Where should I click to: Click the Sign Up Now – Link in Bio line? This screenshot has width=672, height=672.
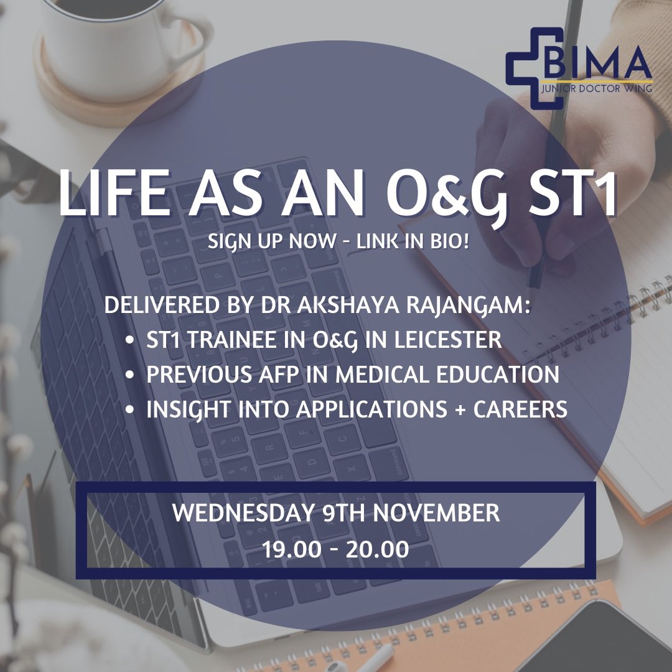338,241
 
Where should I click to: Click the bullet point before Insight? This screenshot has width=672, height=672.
129,409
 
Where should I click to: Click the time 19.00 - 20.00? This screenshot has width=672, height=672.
335,549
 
